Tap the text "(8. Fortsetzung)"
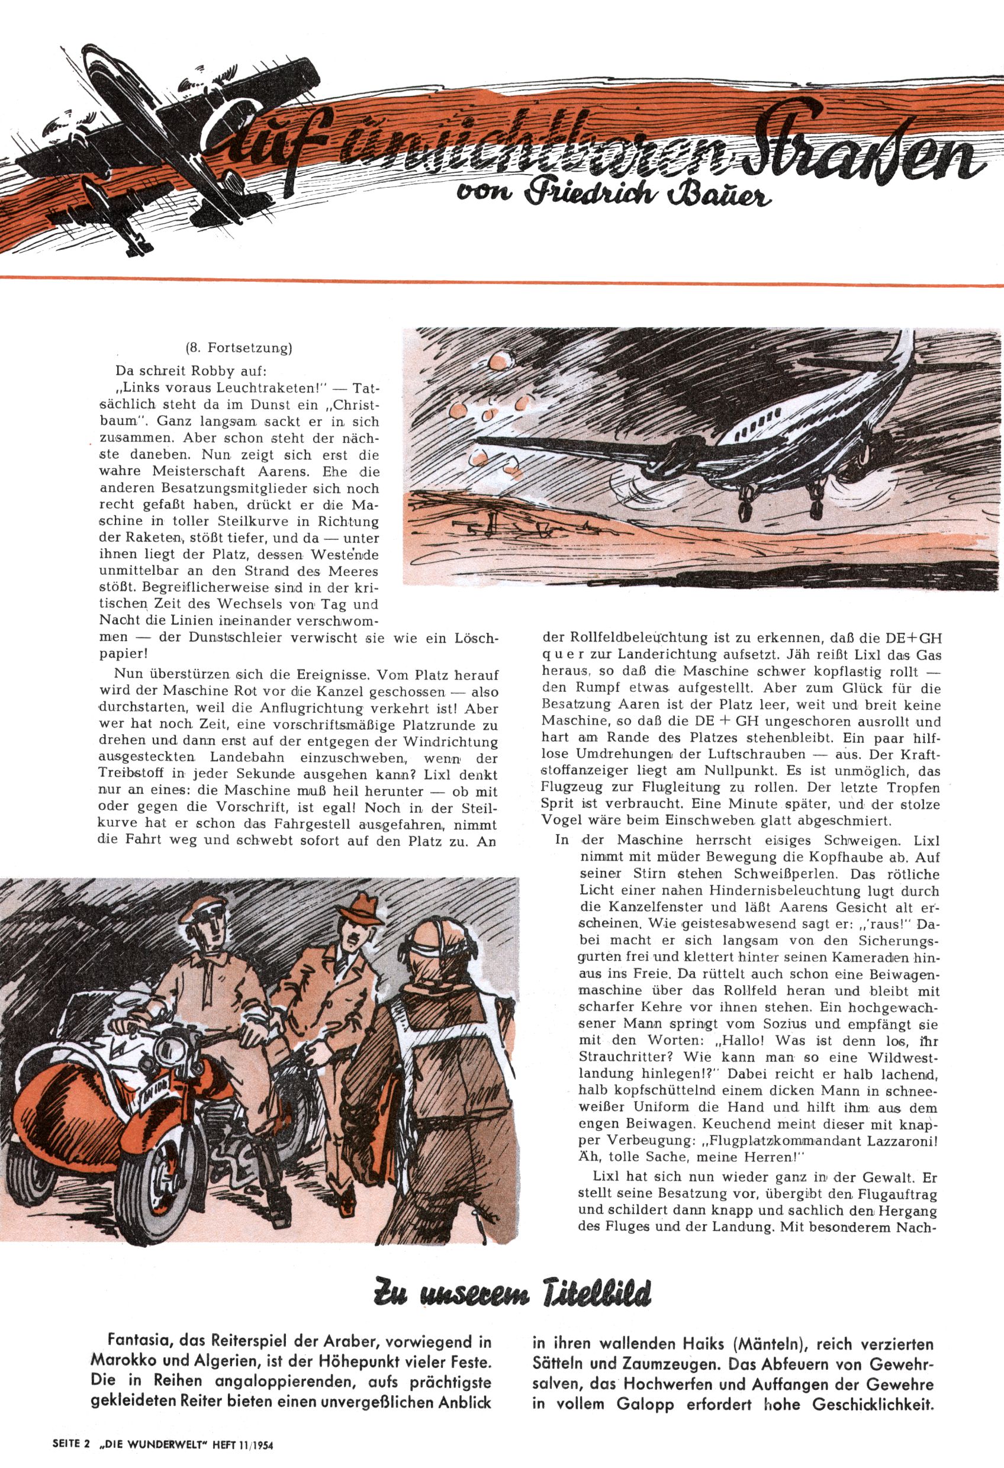[239, 347]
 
